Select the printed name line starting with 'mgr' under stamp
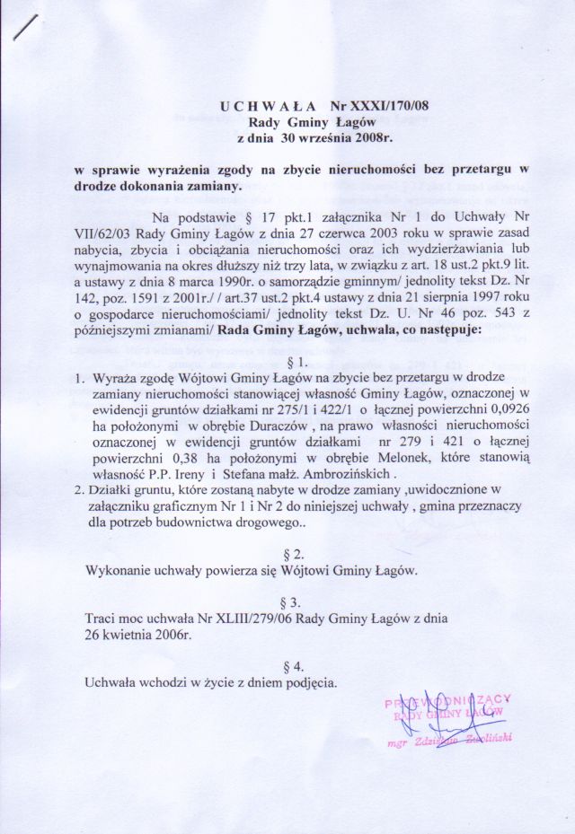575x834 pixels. coord(435,744)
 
